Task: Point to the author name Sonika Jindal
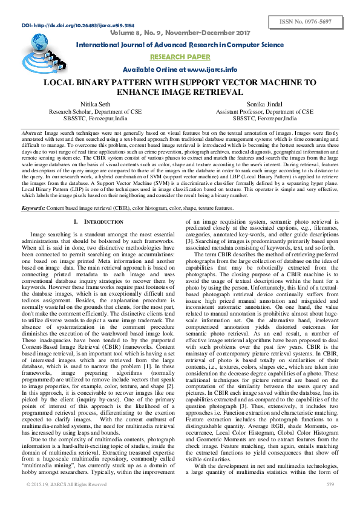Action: click(265, 105)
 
